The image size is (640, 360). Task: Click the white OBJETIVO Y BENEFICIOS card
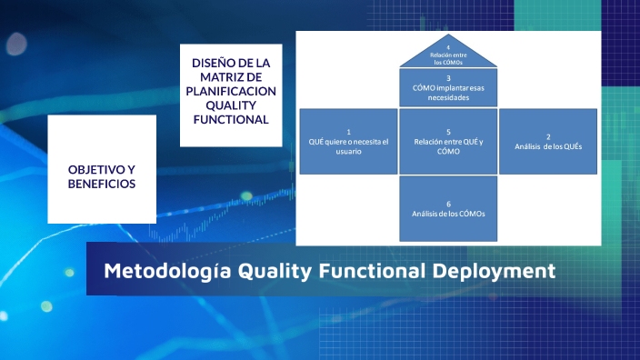102,169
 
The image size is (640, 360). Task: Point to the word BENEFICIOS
102,184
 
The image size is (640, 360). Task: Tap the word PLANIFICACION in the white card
232,91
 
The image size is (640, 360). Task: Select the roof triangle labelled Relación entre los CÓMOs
448,55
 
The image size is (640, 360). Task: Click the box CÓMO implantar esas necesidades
448,88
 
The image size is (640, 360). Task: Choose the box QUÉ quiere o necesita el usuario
348,141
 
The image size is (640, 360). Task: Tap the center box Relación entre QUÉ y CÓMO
448,141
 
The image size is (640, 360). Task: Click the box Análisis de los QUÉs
548,141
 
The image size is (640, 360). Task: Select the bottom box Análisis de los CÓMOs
448,208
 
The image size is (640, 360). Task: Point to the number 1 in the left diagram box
348,131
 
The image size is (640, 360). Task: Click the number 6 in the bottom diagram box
448,203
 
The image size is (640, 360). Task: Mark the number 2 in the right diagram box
548,136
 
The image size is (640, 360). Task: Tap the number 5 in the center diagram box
448,131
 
